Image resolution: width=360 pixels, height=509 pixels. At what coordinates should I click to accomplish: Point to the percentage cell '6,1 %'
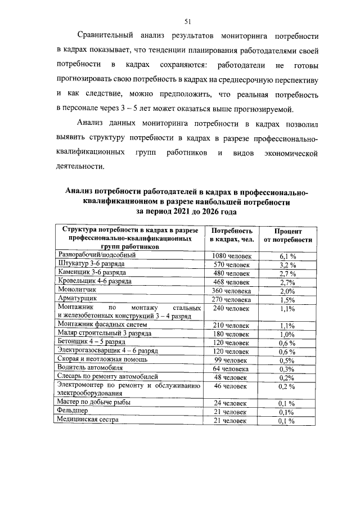coord(288,255)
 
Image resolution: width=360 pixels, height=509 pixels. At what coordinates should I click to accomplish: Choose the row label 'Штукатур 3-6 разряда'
coord(92,263)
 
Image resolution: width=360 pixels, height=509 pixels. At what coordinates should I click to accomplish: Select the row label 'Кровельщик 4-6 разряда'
coord(95,281)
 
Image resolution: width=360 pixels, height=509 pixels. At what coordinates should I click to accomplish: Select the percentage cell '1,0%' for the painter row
coord(288,334)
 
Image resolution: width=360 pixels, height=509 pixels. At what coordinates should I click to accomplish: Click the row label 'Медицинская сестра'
coord(90,420)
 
